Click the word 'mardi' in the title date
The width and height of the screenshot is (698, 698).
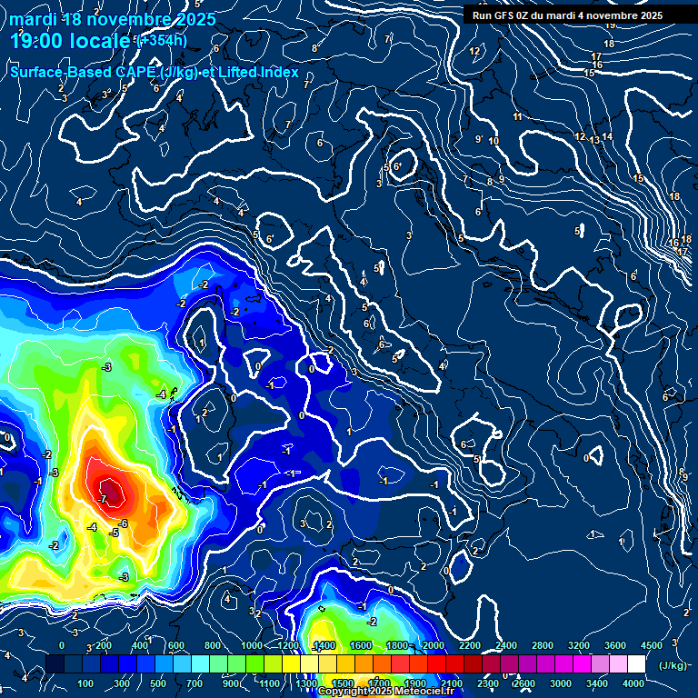(x=33, y=18)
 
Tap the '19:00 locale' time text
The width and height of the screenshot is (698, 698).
(x=70, y=42)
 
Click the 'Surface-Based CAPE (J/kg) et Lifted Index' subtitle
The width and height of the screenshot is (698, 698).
(x=155, y=72)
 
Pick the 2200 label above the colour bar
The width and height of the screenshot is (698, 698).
(x=469, y=645)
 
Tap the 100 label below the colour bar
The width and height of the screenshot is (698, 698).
(x=85, y=683)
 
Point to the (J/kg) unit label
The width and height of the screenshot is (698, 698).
(x=673, y=665)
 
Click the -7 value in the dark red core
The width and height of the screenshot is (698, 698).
(x=103, y=498)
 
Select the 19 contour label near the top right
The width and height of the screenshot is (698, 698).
(x=610, y=24)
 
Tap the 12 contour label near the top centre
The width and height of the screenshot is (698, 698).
(x=474, y=51)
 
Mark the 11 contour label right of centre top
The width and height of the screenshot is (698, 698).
(x=517, y=116)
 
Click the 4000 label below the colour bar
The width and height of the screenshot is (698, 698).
(x=633, y=683)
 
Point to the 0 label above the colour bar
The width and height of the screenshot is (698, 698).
(x=62, y=645)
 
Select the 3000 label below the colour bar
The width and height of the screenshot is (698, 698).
(x=561, y=683)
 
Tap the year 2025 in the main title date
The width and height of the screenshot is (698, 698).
(x=196, y=18)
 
